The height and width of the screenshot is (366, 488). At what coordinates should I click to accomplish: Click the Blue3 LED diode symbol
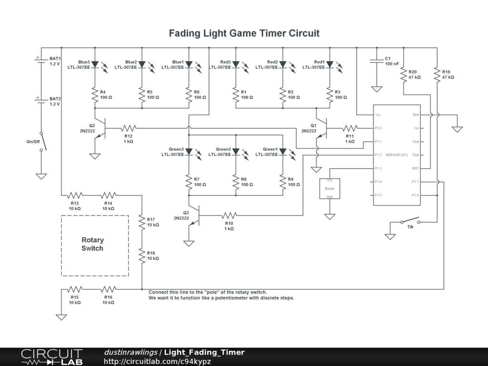(x=95, y=65)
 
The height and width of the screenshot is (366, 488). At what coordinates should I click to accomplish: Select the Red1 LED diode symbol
(x=330, y=65)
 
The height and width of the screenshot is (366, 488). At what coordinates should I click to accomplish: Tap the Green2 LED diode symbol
(x=236, y=152)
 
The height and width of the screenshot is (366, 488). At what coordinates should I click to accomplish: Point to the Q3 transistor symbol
(x=194, y=215)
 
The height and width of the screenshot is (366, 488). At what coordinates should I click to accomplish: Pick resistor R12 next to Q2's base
(x=129, y=128)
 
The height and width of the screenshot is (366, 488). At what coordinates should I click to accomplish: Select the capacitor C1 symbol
(x=376, y=61)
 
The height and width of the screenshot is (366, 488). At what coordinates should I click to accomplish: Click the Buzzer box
(x=330, y=189)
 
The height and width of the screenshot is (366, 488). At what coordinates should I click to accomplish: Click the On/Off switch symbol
(x=43, y=142)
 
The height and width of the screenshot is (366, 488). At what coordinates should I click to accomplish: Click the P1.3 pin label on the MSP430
(x=378, y=168)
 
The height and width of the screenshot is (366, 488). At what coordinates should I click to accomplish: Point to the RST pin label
(x=415, y=168)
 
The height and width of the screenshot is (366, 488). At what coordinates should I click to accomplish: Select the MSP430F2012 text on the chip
(x=397, y=155)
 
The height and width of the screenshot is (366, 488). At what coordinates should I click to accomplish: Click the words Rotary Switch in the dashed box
(x=92, y=244)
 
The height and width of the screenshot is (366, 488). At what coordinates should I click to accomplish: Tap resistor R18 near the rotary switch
(x=142, y=256)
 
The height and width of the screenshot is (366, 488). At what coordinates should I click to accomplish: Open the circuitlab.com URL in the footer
(x=157, y=361)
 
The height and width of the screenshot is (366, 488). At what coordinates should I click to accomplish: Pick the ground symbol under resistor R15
(x=61, y=317)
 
